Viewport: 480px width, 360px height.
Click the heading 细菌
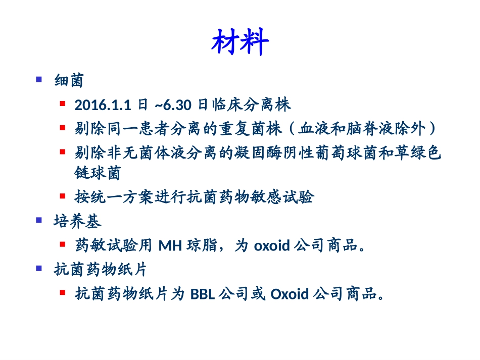coord(69,81)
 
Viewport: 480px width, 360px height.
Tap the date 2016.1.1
coord(103,105)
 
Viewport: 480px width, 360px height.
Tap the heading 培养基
coord(77,222)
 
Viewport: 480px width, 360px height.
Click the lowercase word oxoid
coord(271,246)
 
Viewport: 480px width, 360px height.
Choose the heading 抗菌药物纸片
coord(100,270)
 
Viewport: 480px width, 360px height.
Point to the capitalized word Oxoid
coord(290,294)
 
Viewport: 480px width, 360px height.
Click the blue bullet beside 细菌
coord(39,79)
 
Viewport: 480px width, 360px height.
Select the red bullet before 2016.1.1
coord(63,104)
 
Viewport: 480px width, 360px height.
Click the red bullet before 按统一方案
coord(63,195)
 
